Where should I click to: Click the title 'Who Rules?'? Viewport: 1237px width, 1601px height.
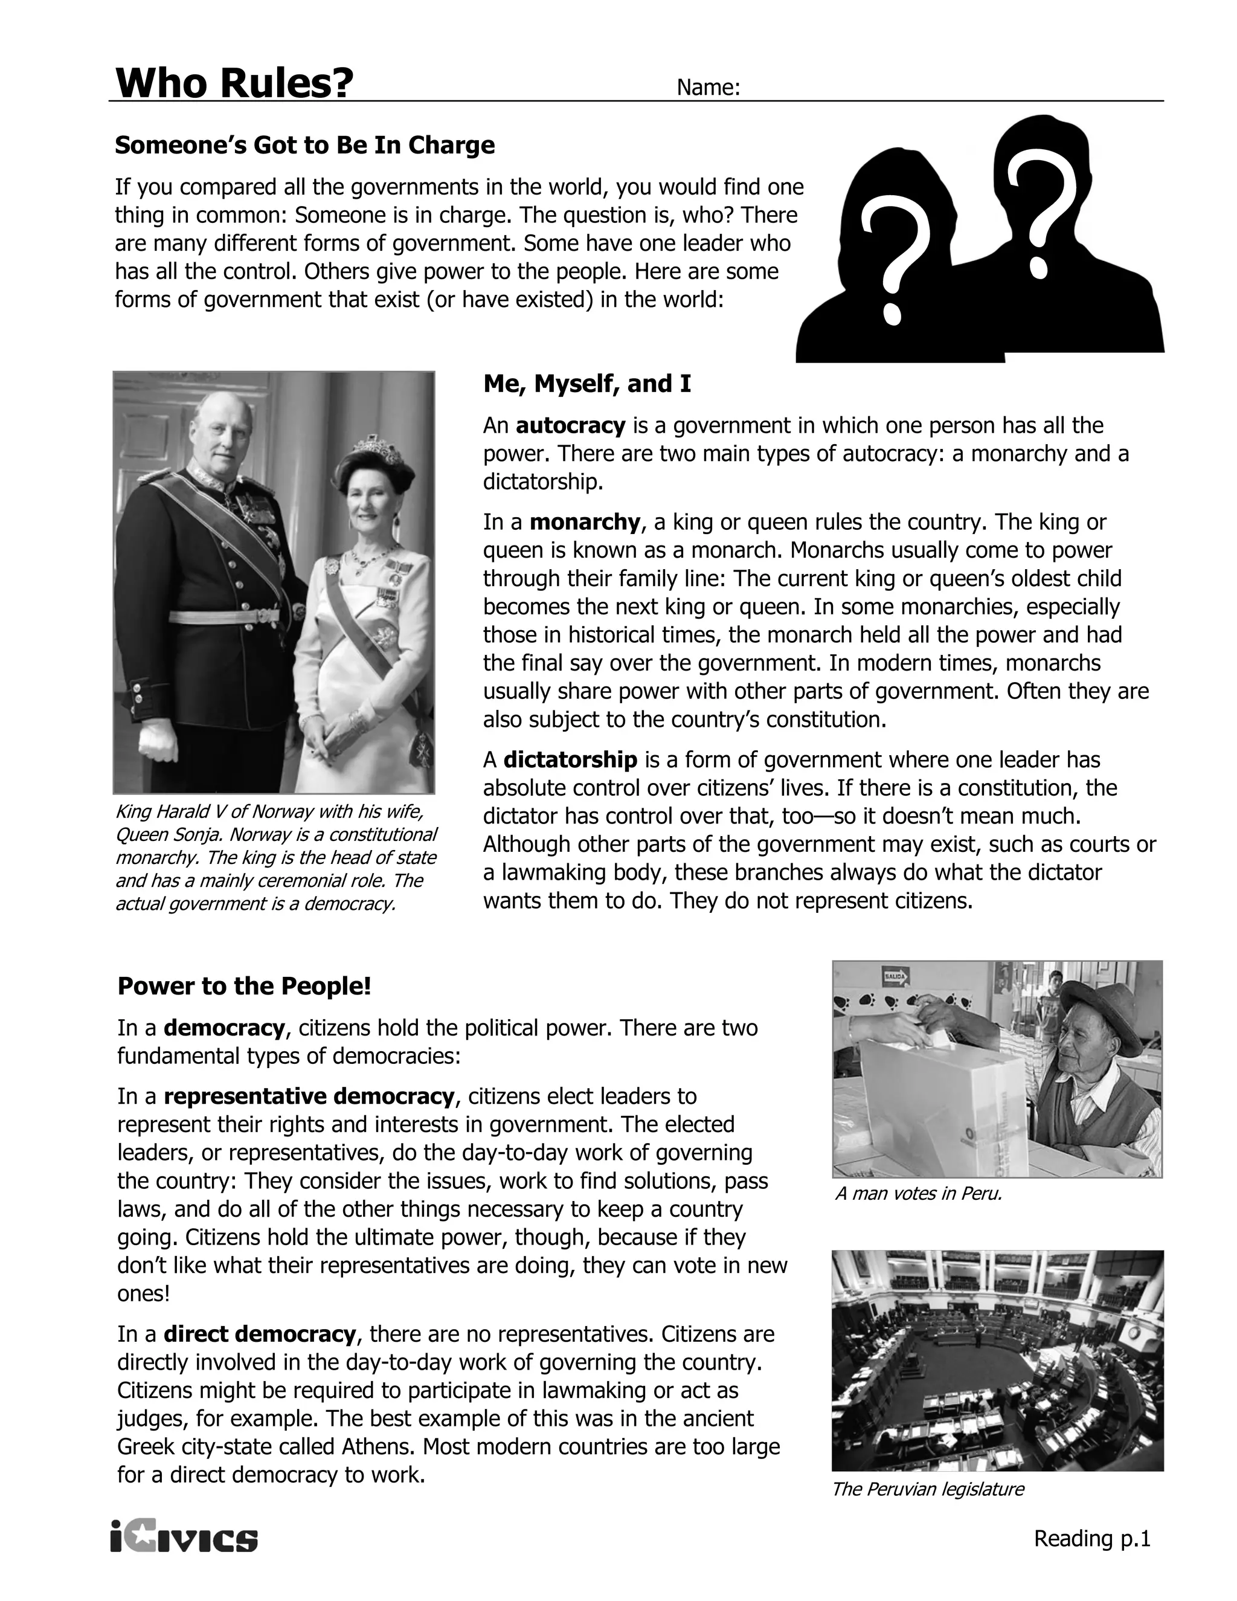pos(234,83)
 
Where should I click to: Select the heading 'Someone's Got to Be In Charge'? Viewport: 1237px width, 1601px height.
pos(304,145)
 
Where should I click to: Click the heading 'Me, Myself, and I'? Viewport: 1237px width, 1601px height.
pos(586,384)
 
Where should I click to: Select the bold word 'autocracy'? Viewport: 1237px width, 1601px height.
pos(570,425)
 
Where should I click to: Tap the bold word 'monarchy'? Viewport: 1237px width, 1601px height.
pos(584,522)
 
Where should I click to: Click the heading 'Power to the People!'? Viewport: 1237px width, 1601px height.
pos(244,986)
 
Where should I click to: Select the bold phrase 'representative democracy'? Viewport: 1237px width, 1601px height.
pos(309,1096)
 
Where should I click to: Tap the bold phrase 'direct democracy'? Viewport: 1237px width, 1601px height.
pos(259,1333)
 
